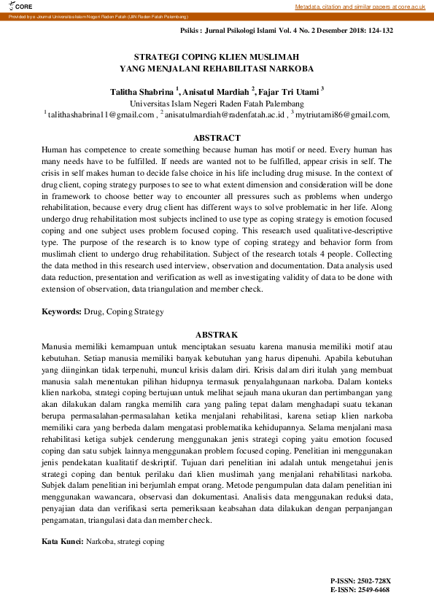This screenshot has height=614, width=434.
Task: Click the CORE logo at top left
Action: (14, 6)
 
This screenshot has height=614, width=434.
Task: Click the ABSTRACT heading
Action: (217, 138)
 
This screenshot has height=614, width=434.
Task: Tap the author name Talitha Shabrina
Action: (142, 92)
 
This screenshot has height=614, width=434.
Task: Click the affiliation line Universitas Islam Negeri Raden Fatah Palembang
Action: (217, 104)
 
